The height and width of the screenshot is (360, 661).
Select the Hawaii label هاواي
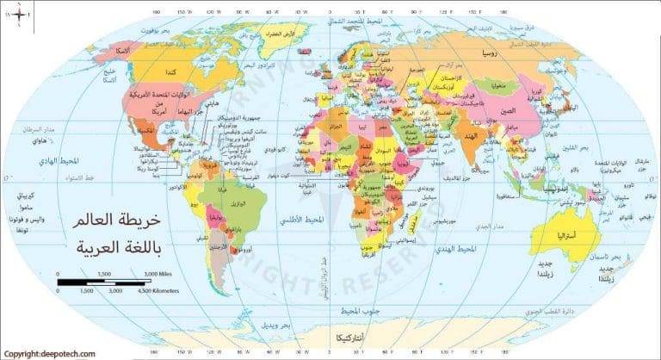pos(36,140)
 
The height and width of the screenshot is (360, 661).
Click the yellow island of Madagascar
pos(414,226)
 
